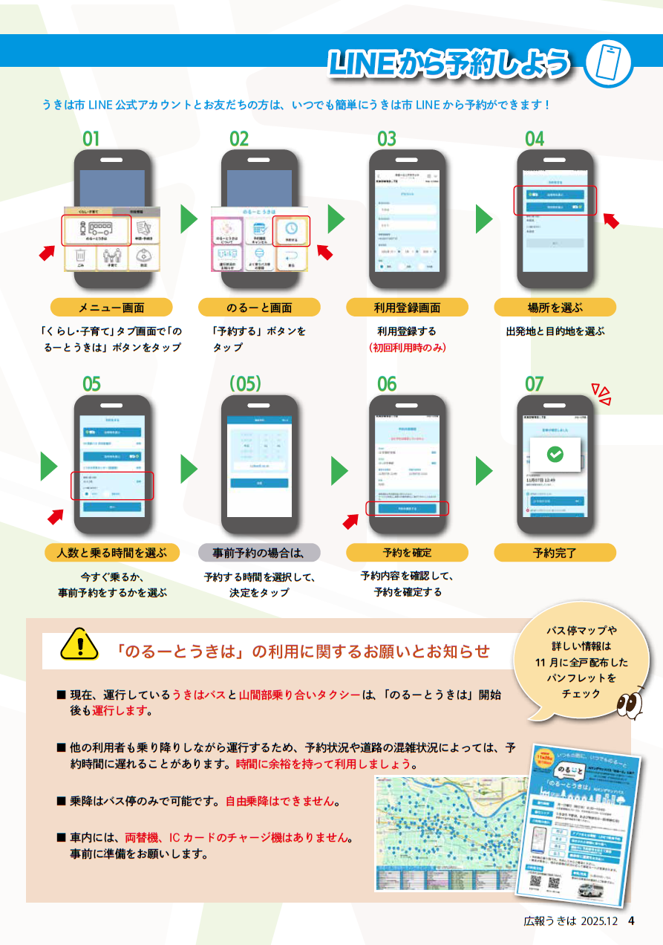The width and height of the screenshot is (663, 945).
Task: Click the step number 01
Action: coord(91,139)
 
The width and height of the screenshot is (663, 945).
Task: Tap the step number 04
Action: coord(535,139)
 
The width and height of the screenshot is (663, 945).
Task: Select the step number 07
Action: coord(535,384)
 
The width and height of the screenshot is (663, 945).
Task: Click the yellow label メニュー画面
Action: coord(111,308)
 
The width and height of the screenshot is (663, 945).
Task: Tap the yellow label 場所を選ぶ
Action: coord(555,308)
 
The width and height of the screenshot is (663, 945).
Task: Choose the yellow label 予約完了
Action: coord(555,553)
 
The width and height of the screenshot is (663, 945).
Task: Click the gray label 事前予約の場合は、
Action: coord(259,553)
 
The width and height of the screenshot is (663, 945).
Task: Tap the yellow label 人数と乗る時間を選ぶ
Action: coord(112,553)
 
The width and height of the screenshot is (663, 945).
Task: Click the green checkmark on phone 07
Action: coord(555,454)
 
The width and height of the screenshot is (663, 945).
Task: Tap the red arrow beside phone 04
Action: coord(610,221)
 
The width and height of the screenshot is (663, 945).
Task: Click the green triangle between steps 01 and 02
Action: coord(189,218)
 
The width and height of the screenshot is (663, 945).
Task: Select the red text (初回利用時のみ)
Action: coord(407,347)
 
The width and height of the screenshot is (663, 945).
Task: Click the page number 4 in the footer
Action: coord(631,920)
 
